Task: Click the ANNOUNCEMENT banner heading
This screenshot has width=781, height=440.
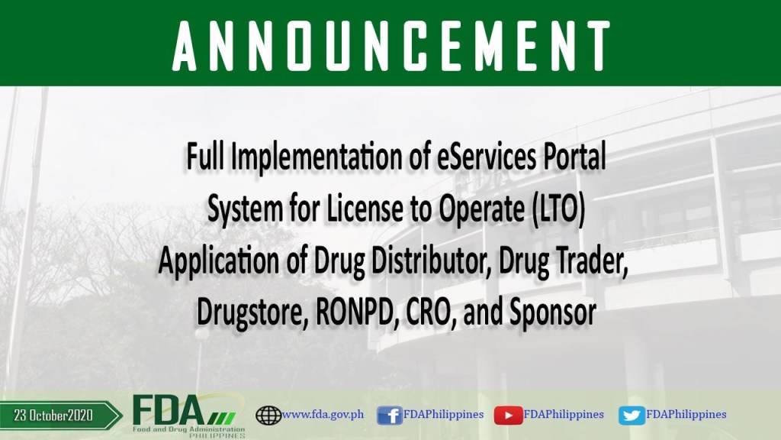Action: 391,46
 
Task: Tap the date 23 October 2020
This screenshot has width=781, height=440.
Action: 53,415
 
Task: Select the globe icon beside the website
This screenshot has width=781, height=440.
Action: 268,415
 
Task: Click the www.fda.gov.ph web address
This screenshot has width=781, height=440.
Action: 323,414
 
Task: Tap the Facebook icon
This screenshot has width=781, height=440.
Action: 390,415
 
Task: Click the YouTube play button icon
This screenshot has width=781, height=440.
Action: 508,416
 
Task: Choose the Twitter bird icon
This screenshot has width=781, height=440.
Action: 632,416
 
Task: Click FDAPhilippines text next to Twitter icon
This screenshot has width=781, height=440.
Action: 686,414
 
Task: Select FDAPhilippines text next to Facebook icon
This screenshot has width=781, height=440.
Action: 443,414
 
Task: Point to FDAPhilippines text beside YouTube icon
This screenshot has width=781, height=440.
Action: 564,414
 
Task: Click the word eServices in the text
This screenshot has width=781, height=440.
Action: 487,156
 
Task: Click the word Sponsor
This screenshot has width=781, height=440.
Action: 552,313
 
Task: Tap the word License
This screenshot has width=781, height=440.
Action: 365,209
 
